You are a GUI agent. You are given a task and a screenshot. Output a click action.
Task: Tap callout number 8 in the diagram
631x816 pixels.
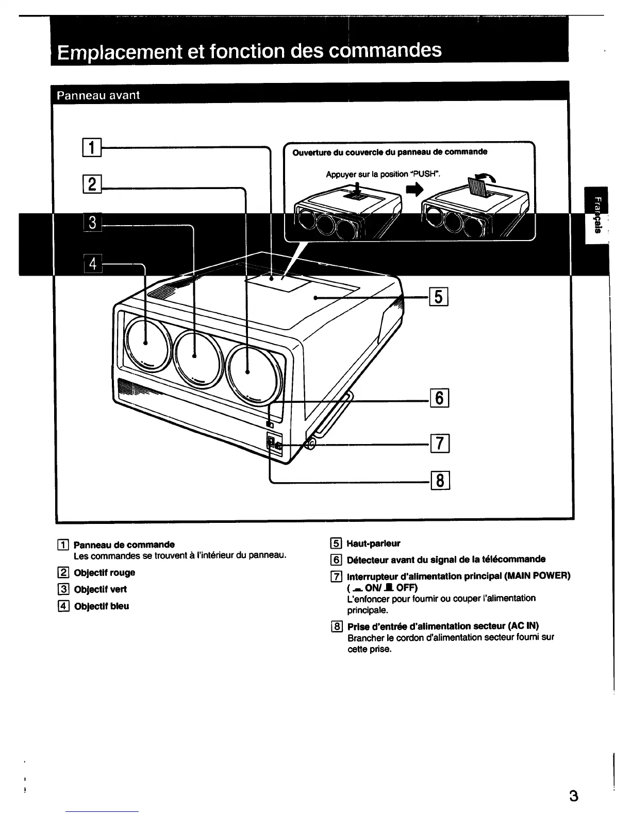(x=440, y=481)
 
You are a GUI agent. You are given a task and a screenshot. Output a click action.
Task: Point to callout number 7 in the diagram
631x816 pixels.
(x=440, y=443)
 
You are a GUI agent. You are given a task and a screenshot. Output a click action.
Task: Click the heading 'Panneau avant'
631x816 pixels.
(x=98, y=95)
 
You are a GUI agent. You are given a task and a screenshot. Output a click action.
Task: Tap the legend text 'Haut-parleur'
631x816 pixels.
(x=373, y=543)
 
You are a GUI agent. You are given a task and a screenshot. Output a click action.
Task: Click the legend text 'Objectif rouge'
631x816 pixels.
(x=104, y=573)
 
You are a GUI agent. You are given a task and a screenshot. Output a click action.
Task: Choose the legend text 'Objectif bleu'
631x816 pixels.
(x=101, y=606)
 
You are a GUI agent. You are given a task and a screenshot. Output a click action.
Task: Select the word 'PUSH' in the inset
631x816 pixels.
(x=425, y=174)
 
